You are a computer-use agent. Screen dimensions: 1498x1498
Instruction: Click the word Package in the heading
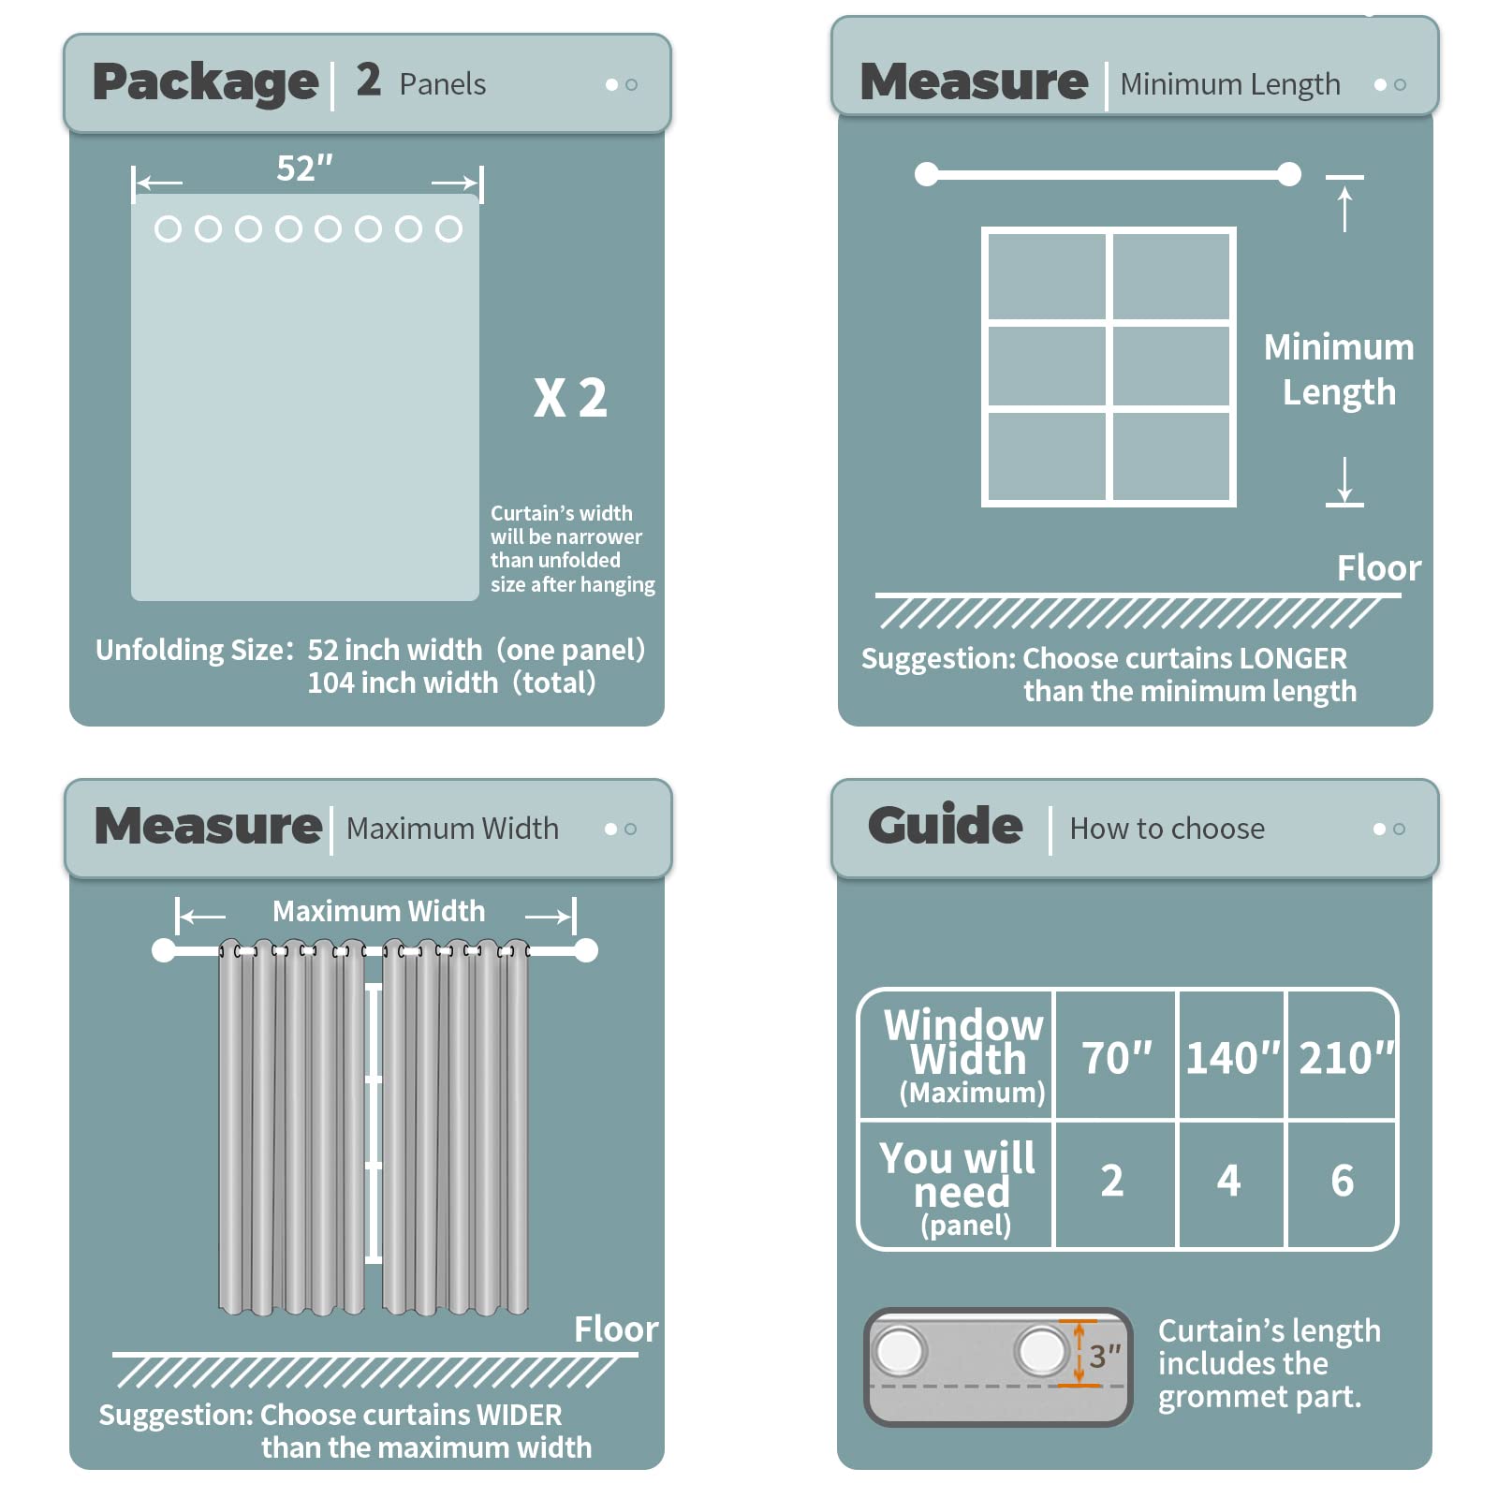[205, 82]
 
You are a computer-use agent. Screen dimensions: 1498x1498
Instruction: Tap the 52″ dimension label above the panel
[305, 169]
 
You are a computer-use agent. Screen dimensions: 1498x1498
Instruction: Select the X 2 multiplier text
[570, 398]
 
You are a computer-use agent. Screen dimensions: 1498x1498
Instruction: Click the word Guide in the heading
[945, 825]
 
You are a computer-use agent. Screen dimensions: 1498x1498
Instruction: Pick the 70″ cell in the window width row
[1116, 1058]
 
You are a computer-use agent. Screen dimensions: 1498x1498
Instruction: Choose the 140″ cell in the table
[1232, 1058]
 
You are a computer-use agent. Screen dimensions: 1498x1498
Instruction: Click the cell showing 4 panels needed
[1229, 1181]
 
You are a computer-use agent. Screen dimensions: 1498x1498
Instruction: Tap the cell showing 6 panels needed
[1343, 1181]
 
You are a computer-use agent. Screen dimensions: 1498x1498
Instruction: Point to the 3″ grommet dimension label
[1105, 1355]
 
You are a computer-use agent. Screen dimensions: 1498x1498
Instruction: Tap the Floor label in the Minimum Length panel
[1379, 568]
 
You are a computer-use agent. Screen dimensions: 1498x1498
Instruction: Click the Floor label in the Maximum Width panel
[616, 1329]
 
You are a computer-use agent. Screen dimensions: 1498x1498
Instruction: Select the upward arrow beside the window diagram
[1344, 209]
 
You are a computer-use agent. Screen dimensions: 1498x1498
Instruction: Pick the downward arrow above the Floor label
[1344, 480]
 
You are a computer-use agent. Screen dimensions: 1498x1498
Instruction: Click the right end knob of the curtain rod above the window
[1289, 174]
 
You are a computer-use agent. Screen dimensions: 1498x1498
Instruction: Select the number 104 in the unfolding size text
[330, 683]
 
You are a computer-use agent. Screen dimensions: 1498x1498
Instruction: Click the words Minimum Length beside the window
[1339, 370]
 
